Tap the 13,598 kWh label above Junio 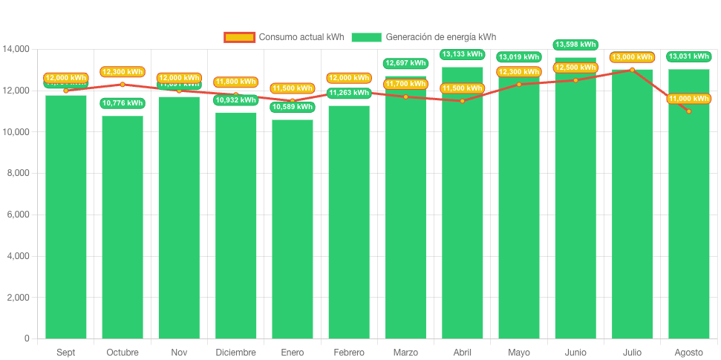click(x=575, y=45)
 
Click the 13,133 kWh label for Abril click(x=462, y=54)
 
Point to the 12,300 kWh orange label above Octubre click(x=123, y=72)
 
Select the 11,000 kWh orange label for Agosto click(x=689, y=99)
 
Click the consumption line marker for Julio click(x=632, y=70)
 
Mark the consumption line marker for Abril click(x=462, y=101)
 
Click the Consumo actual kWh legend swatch click(x=239, y=37)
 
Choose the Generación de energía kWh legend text click(x=441, y=37)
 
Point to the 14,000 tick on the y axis click(x=16, y=49)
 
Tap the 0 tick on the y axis click(x=27, y=338)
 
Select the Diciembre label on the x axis click(x=235, y=352)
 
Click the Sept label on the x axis click(x=65, y=352)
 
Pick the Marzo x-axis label click(x=405, y=352)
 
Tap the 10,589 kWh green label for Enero click(x=292, y=107)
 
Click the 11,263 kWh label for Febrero click(x=349, y=93)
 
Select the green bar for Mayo click(x=519, y=215)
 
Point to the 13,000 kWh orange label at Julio click(x=632, y=57)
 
